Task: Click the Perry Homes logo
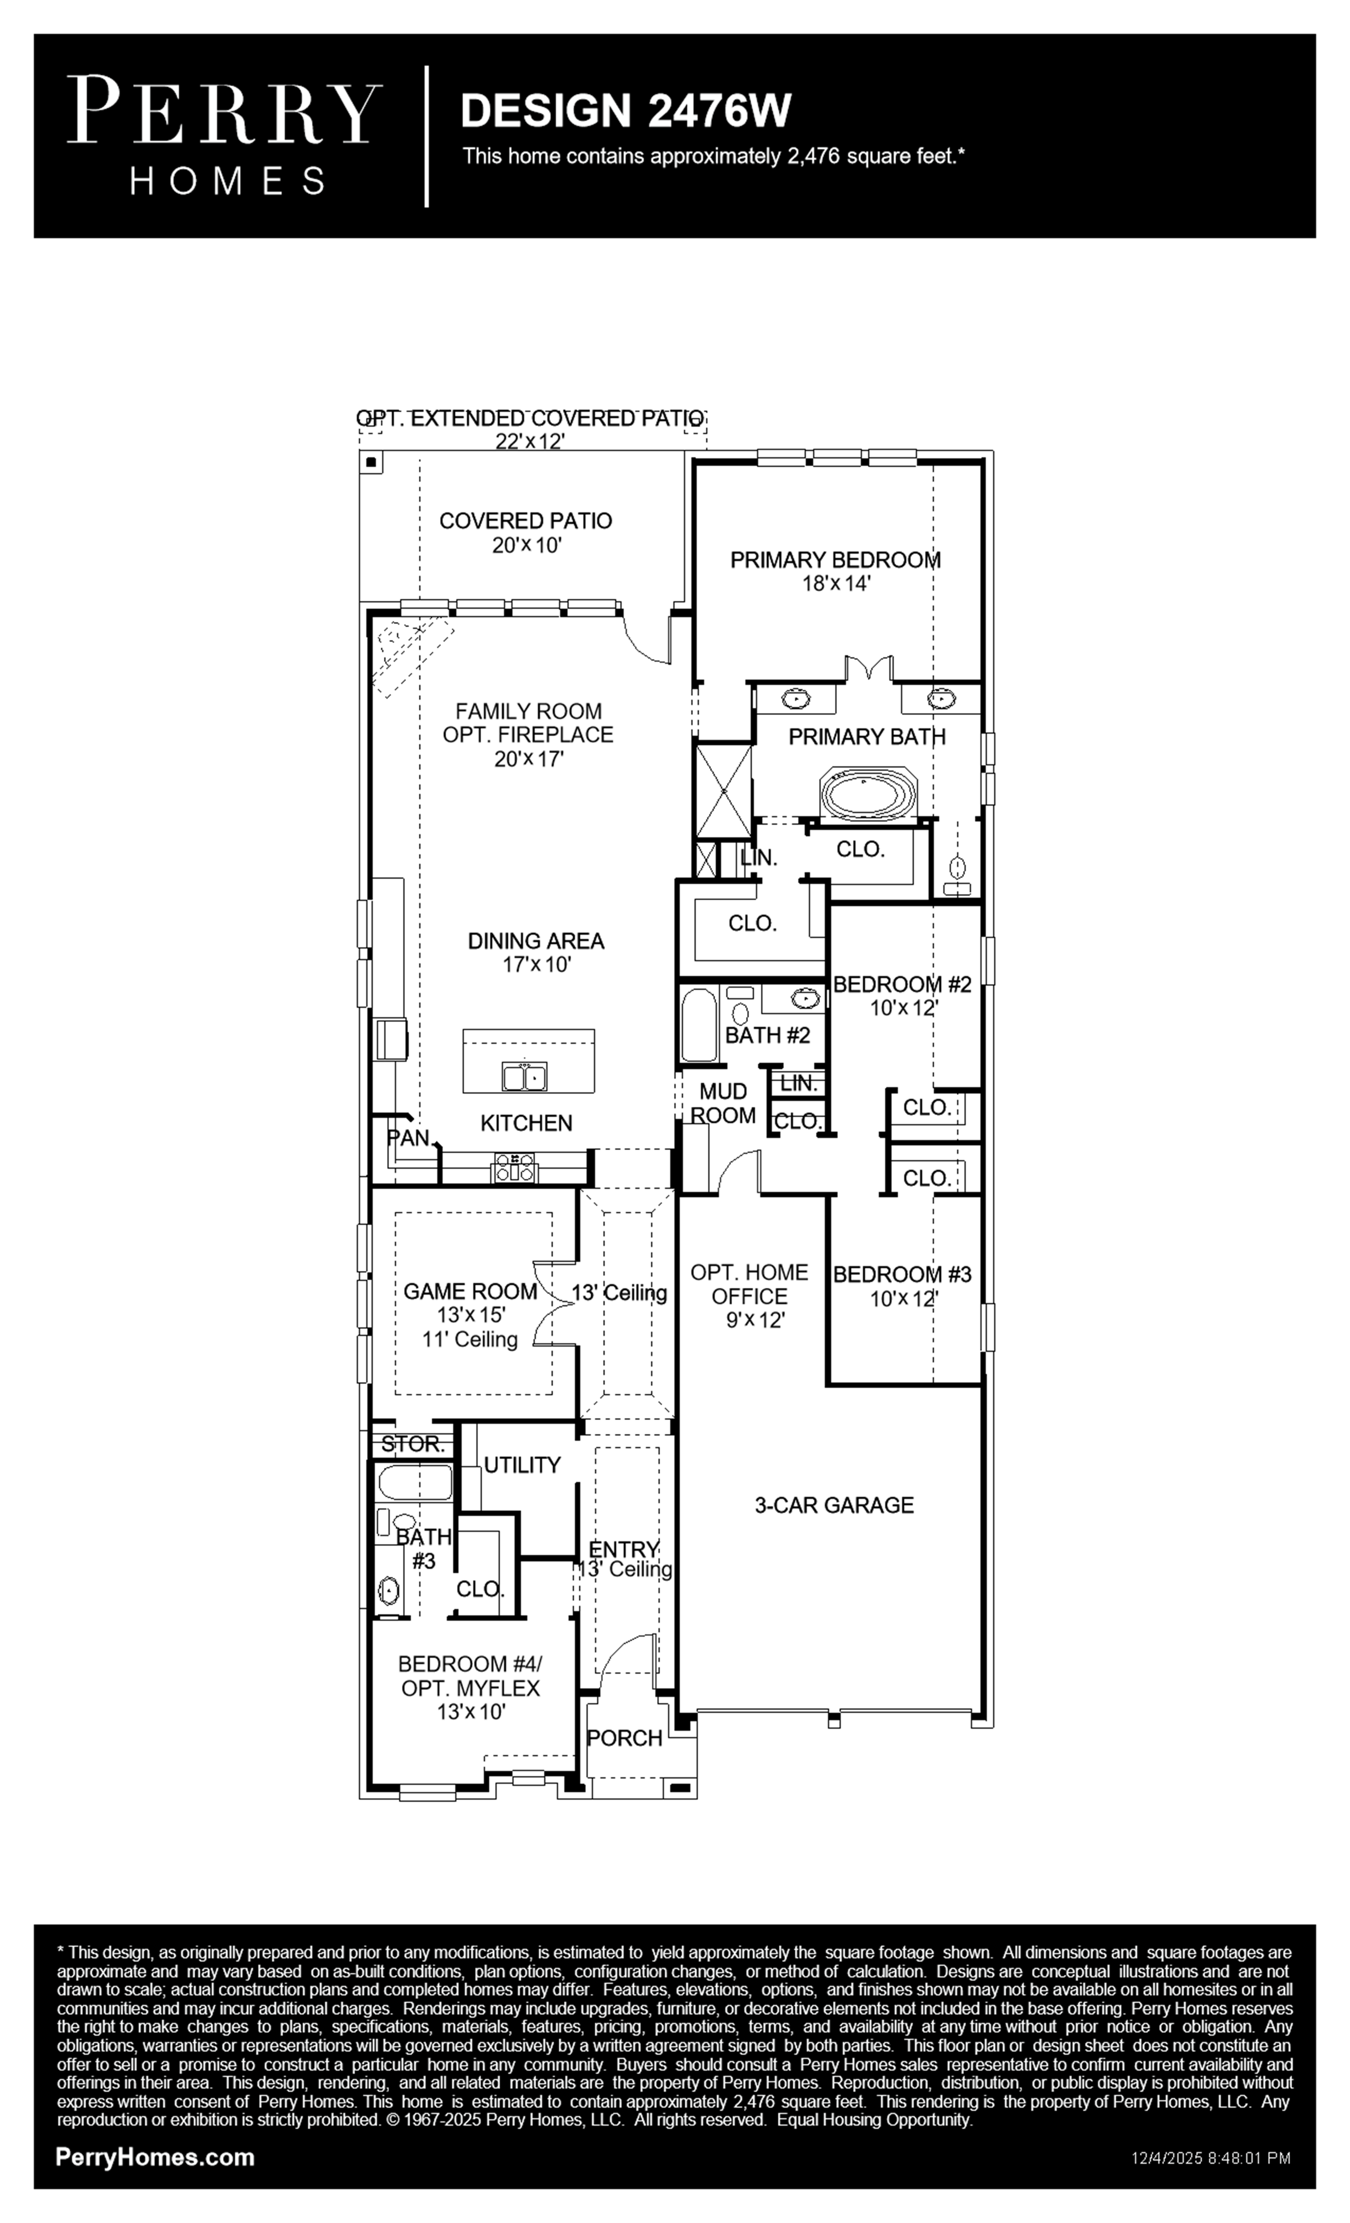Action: pyautogui.click(x=224, y=135)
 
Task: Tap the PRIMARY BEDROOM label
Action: pyautogui.click(x=835, y=561)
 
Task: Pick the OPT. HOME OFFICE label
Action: pyautogui.click(x=749, y=1284)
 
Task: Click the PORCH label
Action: pyautogui.click(x=625, y=1738)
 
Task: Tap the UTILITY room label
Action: pyautogui.click(x=523, y=1465)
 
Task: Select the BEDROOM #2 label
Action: pyautogui.click(x=903, y=984)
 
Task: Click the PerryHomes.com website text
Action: pyautogui.click(x=155, y=2157)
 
